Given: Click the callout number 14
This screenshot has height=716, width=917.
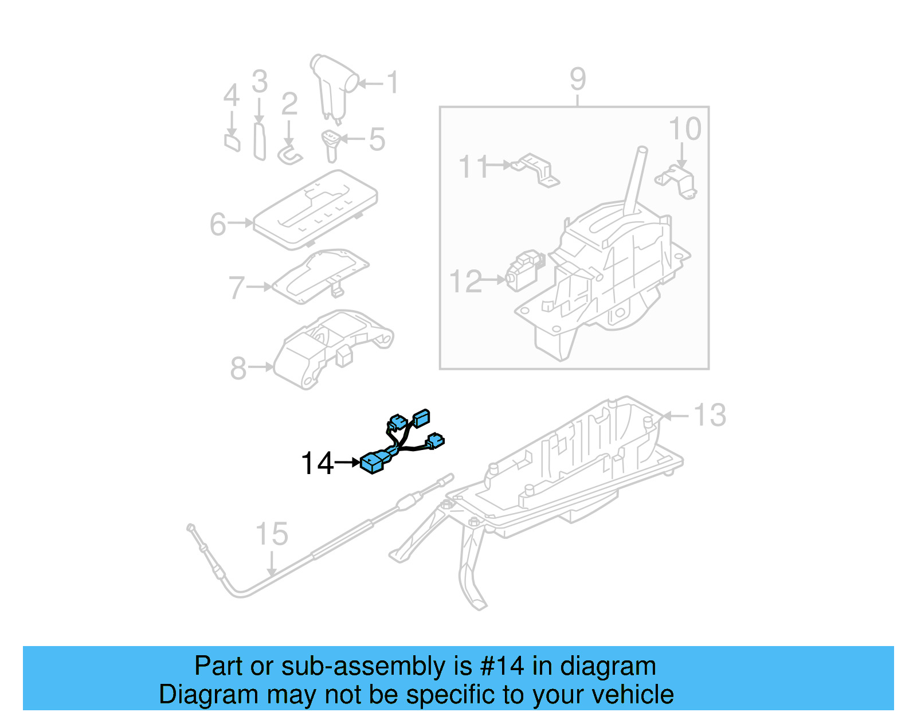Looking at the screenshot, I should tap(317, 463).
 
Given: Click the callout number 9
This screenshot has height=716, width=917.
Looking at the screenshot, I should tap(578, 79).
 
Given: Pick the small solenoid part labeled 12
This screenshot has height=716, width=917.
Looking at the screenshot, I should tap(523, 271).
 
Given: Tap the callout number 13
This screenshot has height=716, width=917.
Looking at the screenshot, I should tap(710, 415).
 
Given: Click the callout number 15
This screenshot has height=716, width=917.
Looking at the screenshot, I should tap(272, 534).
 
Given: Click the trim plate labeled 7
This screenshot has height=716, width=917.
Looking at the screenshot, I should tap(321, 275).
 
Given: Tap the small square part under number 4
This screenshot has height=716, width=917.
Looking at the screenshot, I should tap(232, 142).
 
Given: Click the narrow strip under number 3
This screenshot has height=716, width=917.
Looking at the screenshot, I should tap(260, 140).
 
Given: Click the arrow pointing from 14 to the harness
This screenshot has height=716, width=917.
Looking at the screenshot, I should tap(347, 461).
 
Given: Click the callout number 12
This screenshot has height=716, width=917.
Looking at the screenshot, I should tap(465, 281).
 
